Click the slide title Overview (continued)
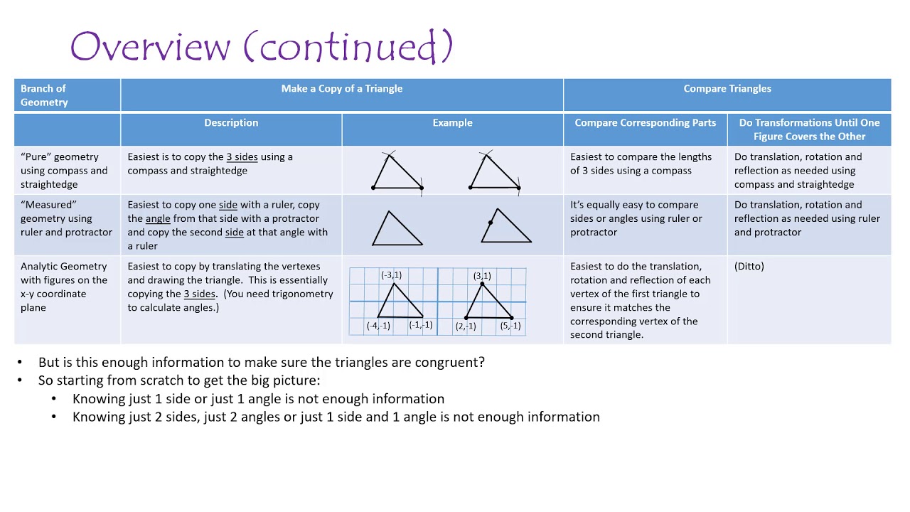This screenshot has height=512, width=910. coord(262,47)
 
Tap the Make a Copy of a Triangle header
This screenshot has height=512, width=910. coord(341,89)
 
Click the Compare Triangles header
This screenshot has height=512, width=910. coord(727,89)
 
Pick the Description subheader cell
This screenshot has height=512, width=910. coord(231,123)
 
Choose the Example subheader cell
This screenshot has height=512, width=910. coord(452,123)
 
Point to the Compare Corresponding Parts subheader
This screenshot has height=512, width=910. coord(645,123)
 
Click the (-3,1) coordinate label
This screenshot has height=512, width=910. coord(391,275)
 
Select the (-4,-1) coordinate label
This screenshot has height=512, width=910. coord(378,326)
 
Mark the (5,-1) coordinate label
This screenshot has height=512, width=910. coord(510,326)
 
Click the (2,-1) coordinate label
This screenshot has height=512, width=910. coord(466,326)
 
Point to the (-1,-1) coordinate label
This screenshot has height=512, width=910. coord(421,325)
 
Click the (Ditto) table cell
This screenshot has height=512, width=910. coord(749,266)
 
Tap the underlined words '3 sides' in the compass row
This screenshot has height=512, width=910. coord(242,157)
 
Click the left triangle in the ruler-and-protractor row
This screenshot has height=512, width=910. coord(397,229)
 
